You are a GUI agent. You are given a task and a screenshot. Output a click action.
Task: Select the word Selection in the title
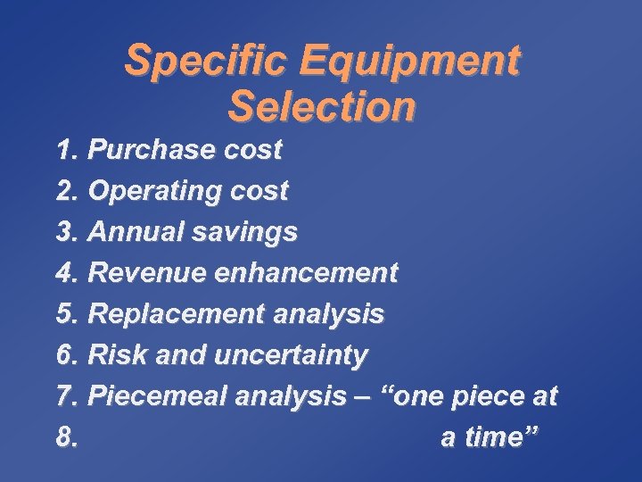pyautogui.click(x=322, y=107)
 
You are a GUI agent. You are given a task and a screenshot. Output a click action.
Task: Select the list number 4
pyautogui.click(x=67, y=272)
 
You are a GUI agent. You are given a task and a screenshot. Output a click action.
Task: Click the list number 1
pyautogui.click(x=67, y=150)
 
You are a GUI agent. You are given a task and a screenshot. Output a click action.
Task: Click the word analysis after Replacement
pyautogui.click(x=329, y=314)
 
